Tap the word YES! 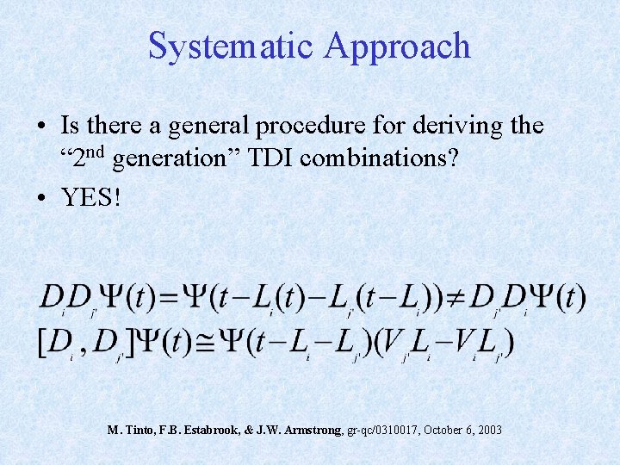click(91, 197)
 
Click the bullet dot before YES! click(43, 197)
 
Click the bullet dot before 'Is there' click(43, 127)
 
